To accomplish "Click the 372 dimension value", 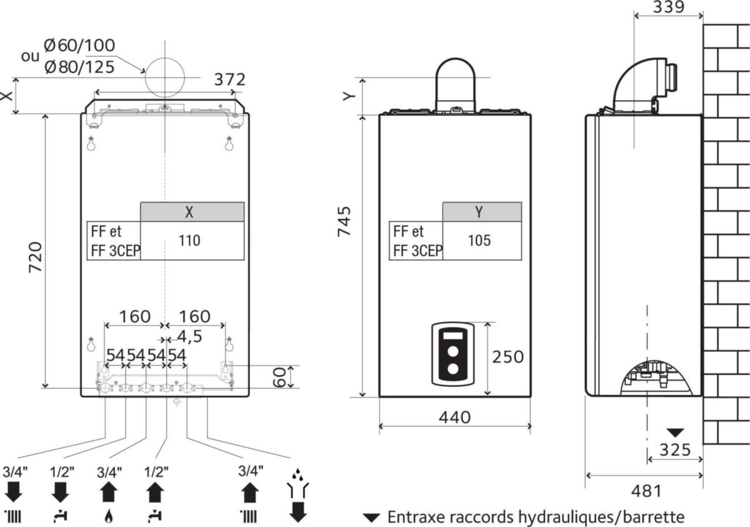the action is (230, 79).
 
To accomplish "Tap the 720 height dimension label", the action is (35, 257).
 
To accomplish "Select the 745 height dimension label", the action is (344, 222).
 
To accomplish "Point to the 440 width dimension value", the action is (455, 418).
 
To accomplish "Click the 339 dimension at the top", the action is (669, 7).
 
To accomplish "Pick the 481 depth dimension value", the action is (646, 491).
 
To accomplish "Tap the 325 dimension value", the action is (676, 450).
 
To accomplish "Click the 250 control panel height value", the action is (508, 357).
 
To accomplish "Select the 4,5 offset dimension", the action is (189, 337).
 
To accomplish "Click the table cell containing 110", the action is (192, 241).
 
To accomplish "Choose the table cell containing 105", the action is (482, 241).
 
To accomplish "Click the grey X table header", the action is (192, 211).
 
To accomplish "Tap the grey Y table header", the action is (482, 211).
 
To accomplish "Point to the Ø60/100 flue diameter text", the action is (80, 46).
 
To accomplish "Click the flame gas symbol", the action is (109, 516).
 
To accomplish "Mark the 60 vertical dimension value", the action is (279, 377).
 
